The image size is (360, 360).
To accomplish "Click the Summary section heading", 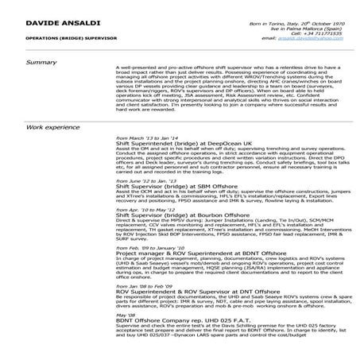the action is pyautogui.click(x=41, y=63).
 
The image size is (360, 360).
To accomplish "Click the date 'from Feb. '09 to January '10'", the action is pyautogui.click(x=152, y=247).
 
